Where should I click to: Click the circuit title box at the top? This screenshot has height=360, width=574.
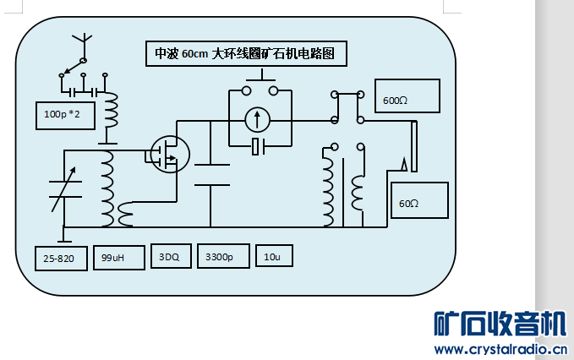tap(245, 54)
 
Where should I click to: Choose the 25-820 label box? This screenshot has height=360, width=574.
tap(60, 259)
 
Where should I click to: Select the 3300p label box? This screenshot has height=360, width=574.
tap(222, 257)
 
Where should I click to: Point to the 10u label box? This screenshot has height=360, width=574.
tap(273, 257)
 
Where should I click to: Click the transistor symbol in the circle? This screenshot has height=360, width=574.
tap(168, 153)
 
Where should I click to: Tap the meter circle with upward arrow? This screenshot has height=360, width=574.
tap(259, 121)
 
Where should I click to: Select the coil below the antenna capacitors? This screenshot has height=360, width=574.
tap(111, 111)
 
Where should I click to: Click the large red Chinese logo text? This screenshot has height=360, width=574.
tap(499, 325)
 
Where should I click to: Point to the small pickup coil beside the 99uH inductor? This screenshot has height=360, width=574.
tap(126, 215)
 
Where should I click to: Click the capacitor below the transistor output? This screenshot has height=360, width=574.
tap(212, 174)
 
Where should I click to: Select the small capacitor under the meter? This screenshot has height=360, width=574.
tap(260, 148)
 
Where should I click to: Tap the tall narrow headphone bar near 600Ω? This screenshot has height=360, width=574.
tap(413, 145)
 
